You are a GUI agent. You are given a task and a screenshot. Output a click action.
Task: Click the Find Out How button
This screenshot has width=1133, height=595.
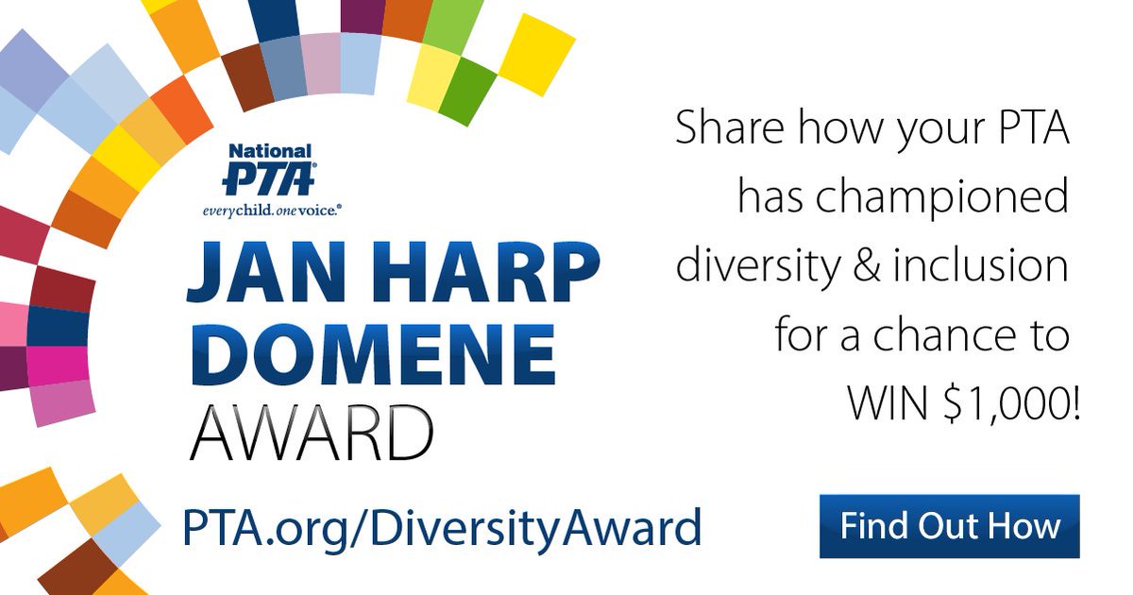click(949, 526)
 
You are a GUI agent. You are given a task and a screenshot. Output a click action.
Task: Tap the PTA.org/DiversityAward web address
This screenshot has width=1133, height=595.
click(443, 527)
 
